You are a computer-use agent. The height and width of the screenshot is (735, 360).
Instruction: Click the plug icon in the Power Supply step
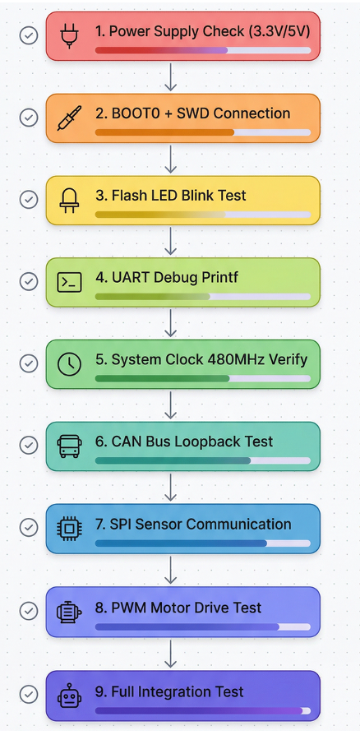(69, 35)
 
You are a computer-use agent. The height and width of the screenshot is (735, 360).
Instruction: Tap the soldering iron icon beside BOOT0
(69, 118)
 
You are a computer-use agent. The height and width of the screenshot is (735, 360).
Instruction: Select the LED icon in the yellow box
(69, 200)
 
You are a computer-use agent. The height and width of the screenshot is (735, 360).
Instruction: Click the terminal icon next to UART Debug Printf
(69, 282)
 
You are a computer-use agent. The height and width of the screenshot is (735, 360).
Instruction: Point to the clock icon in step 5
(69, 364)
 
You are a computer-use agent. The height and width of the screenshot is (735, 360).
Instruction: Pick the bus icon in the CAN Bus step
(69, 446)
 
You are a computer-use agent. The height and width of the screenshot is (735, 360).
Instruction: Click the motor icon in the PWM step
(69, 611)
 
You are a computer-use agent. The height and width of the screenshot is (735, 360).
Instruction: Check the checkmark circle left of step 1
(29, 35)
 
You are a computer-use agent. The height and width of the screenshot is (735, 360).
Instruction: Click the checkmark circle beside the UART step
(29, 282)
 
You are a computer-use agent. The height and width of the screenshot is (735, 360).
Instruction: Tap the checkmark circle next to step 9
(29, 694)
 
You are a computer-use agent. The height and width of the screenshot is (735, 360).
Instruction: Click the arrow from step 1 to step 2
(171, 77)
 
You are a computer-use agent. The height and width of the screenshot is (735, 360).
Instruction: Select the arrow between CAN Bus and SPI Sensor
(171, 487)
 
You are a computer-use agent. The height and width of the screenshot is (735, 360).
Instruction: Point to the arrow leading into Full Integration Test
(171, 654)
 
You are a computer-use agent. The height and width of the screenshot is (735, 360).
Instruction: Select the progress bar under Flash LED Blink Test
(202, 215)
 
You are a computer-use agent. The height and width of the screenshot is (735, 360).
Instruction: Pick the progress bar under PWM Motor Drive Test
(202, 626)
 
